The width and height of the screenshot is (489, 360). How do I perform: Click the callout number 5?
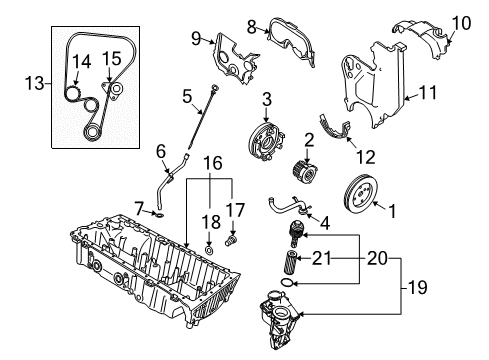click(186, 97)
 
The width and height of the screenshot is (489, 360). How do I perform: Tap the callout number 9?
click(196, 38)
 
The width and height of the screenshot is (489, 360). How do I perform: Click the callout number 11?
click(429, 93)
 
